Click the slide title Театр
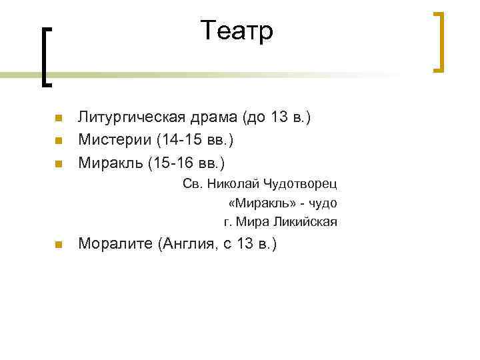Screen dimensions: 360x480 [x=237, y=31]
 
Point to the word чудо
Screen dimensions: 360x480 [x=322, y=203]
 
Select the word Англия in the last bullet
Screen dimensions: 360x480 [x=184, y=244]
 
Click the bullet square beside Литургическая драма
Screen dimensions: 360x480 [x=58, y=119]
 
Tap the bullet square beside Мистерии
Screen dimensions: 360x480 [x=58, y=141]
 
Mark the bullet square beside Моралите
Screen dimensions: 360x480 [x=58, y=245]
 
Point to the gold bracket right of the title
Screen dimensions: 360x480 [x=439, y=41]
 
